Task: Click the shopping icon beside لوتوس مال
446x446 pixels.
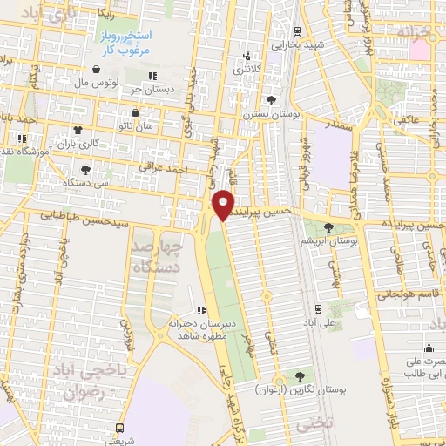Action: pos(95,69)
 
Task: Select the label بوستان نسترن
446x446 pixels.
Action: pos(266,113)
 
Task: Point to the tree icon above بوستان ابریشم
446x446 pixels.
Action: pos(328,225)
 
